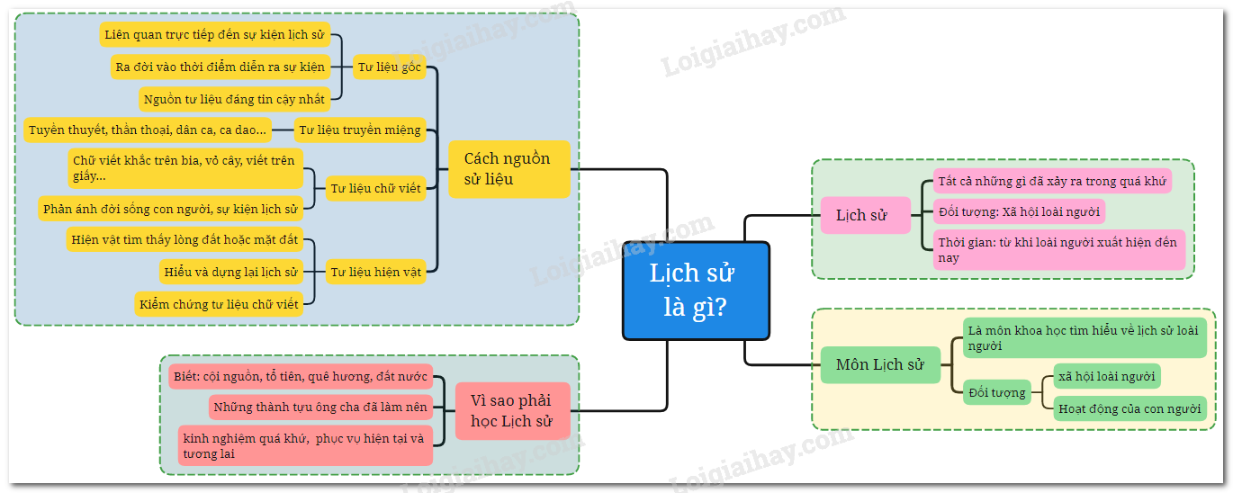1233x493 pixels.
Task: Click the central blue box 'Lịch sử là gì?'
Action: pos(696,291)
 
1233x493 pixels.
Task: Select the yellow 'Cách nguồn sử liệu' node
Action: pos(508,169)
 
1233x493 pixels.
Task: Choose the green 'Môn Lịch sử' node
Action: pos(880,365)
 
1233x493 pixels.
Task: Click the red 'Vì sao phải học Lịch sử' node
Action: pos(511,410)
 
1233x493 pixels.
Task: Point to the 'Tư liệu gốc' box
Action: pos(389,67)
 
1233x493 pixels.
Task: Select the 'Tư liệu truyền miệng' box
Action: pos(359,130)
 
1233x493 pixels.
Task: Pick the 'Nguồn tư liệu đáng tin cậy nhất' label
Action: pos(234,99)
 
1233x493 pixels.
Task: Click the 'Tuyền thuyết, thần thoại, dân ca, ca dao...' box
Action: pos(148,130)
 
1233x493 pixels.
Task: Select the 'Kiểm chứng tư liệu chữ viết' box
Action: pos(219,304)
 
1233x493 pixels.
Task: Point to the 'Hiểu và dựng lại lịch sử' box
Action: pos(230,272)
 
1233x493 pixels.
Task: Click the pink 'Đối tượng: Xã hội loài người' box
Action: pos(1018,211)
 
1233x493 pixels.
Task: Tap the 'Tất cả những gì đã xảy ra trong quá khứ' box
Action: pos(1051,181)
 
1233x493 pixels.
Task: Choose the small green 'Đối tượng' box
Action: pos(997,392)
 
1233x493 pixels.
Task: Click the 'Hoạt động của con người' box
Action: pos(1129,408)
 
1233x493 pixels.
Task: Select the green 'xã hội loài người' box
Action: pos(1107,376)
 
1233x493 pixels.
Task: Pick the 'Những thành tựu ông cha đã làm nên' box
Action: pos(320,407)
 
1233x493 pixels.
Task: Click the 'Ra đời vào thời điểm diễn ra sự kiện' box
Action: pos(220,67)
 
